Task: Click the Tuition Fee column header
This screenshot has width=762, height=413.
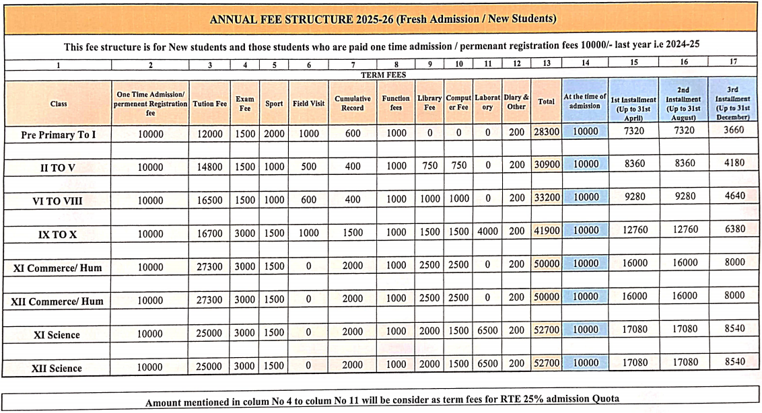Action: tap(210, 104)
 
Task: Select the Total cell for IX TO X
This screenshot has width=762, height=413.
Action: tap(547, 230)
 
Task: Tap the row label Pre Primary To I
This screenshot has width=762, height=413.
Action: tap(59, 135)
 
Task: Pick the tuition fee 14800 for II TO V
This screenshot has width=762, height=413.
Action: tap(210, 166)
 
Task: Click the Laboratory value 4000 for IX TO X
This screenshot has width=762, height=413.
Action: tap(488, 231)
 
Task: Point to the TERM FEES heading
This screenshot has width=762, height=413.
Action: tap(383, 75)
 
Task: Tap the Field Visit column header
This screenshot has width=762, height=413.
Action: tap(308, 104)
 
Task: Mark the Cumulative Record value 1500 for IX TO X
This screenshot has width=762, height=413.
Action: tap(353, 231)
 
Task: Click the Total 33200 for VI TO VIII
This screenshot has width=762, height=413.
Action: tap(547, 198)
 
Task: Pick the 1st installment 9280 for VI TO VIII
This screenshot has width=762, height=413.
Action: tap(635, 198)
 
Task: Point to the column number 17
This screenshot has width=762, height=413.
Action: tap(733, 62)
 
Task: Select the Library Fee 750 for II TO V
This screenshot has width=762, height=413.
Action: tap(429, 165)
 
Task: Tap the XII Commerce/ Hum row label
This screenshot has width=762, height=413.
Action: tap(58, 301)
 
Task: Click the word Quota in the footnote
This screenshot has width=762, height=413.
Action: tap(604, 400)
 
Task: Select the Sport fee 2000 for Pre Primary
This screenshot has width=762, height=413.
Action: tap(274, 134)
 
